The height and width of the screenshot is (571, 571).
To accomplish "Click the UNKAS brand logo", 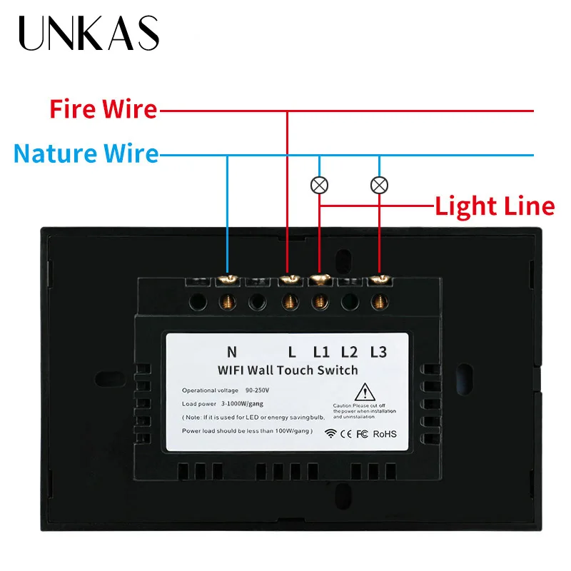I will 89,33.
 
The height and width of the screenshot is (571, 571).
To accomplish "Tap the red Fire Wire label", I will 103,110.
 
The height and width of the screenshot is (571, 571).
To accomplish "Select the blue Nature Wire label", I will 86,153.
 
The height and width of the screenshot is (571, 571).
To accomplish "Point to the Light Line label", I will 495,206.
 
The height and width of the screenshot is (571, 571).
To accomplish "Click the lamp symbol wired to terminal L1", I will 320,186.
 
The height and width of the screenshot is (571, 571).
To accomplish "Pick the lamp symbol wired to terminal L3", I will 379,186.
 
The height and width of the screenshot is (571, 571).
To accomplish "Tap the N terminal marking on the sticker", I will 231,351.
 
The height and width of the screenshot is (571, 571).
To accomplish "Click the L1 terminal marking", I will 321,351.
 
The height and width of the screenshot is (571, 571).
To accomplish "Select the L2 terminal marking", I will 349,351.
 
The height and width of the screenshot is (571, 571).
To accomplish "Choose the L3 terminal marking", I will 378,351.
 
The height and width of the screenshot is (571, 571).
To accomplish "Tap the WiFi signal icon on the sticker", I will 330,433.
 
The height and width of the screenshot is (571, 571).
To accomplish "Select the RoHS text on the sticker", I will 384,433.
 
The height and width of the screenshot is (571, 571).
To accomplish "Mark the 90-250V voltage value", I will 259,390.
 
